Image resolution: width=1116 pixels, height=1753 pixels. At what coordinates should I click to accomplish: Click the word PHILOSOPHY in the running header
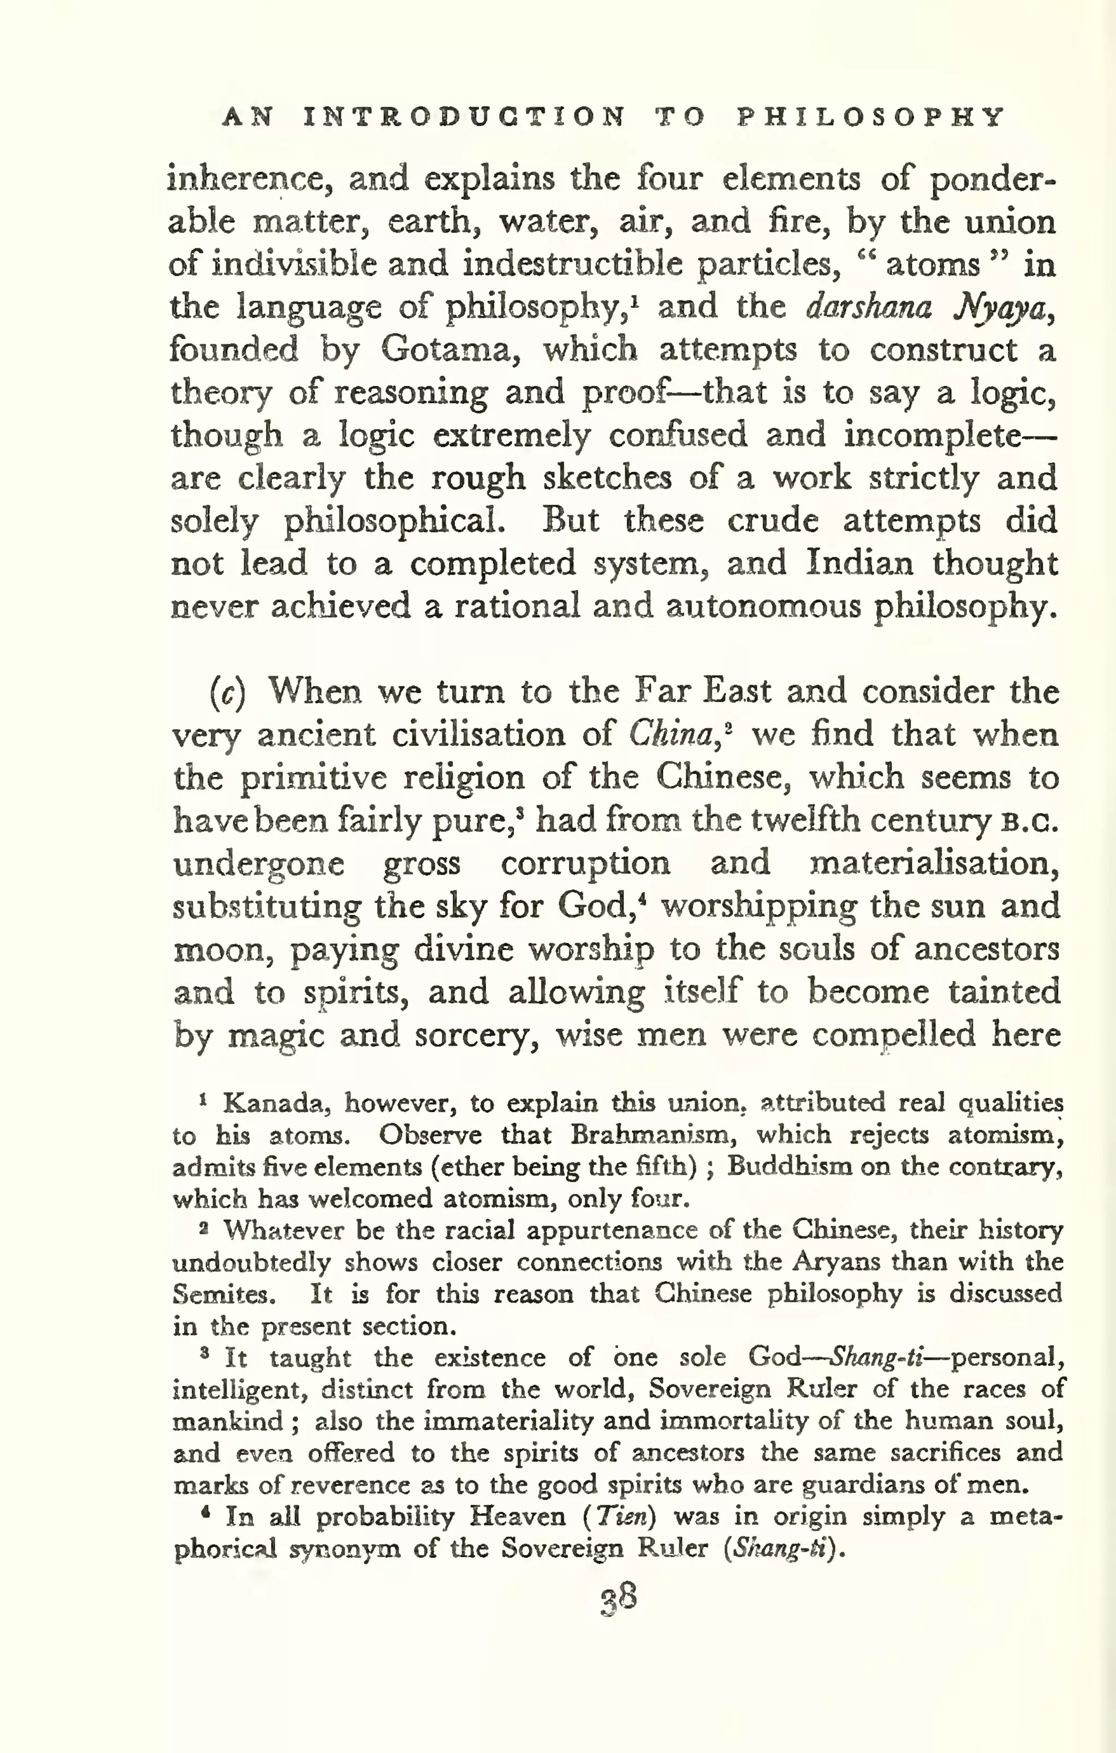point(871,117)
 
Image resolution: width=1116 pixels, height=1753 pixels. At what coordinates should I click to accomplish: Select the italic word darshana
point(869,307)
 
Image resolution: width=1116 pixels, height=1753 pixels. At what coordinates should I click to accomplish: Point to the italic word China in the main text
point(670,734)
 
